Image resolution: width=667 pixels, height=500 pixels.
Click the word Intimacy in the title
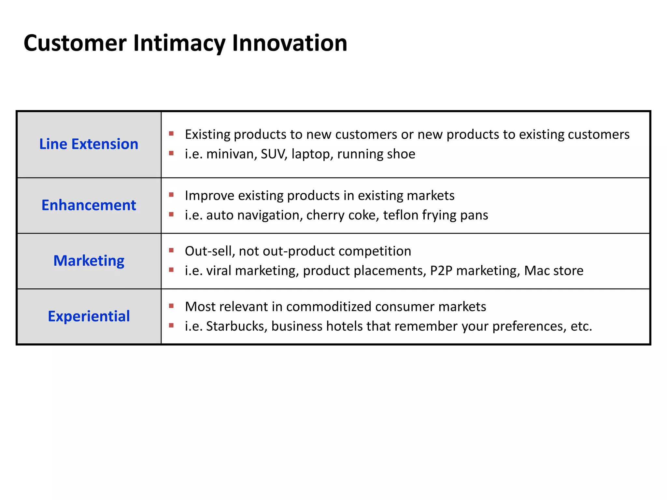179,43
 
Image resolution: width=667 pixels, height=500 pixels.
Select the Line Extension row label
89,144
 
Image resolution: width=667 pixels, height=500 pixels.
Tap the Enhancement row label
89,205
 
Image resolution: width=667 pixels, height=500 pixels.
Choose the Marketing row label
89,261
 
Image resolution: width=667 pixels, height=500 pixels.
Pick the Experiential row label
89,316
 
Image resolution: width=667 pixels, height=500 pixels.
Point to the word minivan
231,154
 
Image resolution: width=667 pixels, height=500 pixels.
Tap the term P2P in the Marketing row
441,271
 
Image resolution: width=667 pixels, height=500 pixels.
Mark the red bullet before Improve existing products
171,195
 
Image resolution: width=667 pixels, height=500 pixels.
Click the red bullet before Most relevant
171,306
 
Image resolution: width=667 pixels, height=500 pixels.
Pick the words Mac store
554,271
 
